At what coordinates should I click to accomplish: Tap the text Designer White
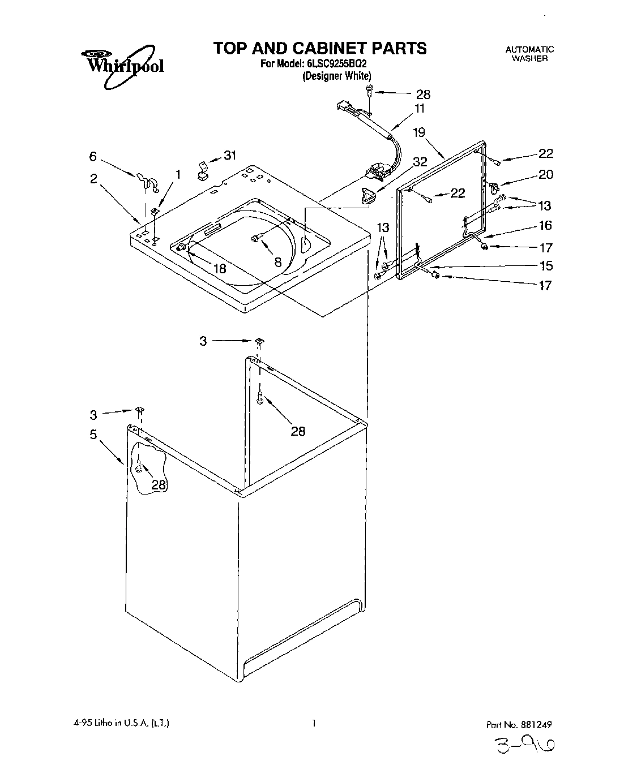click(336, 76)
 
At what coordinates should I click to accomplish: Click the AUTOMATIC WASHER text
click(529, 54)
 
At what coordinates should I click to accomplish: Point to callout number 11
click(420, 108)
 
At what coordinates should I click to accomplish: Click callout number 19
click(418, 134)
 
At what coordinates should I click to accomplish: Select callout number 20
click(545, 174)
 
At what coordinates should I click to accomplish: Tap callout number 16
click(545, 226)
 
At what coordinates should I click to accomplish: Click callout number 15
click(545, 266)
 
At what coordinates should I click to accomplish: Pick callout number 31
click(229, 156)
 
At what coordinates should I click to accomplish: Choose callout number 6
click(93, 157)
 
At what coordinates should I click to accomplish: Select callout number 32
click(420, 162)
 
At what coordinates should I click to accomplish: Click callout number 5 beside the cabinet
click(93, 434)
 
